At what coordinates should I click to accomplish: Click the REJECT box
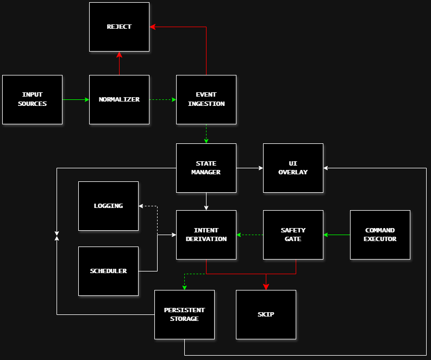[119, 27]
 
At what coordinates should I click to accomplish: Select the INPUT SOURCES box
[32, 99]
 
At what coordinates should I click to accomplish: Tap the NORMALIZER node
[119, 99]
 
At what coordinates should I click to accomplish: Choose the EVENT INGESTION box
[206, 99]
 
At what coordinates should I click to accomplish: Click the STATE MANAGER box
[206, 168]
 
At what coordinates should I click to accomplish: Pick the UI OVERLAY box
[293, 168]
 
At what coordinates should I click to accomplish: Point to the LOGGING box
[108, 206]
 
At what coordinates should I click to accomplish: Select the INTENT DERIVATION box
[206, 235]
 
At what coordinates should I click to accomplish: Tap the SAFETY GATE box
[293, 235]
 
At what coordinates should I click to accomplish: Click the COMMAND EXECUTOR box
[380, 235]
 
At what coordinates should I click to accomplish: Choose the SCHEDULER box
[108, 271]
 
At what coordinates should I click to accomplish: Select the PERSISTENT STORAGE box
[184, 314]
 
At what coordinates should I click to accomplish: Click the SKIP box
[266, 314]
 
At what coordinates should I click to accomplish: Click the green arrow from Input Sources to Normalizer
[76, 99]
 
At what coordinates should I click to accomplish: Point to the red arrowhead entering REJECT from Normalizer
[119, 54]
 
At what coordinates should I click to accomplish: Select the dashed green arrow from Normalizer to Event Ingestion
[163, 99]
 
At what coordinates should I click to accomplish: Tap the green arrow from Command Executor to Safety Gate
[336, 235]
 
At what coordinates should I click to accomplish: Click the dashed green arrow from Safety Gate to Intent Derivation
[249, 235]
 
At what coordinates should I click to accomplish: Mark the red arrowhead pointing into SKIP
[266, 286]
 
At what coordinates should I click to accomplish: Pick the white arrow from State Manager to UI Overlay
[249, 168]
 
